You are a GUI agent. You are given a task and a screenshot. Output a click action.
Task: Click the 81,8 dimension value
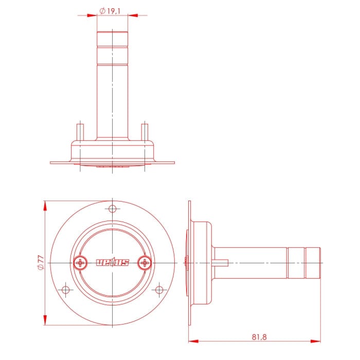click(260, 337)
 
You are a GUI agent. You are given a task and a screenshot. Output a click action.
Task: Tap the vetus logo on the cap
click(112, 263)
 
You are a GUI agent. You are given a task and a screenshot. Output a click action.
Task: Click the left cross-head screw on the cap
click(80, 263)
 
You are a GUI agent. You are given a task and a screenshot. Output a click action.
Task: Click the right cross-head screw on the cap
click(145, 263)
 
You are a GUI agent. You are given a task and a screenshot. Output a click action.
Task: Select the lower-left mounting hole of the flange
click(65, 290)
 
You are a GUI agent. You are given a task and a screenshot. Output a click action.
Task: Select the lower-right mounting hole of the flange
click(160, 290)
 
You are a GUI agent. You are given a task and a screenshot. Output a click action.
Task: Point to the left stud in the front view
click(80, 131)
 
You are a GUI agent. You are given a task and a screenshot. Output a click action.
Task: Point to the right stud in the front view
click(145, 131)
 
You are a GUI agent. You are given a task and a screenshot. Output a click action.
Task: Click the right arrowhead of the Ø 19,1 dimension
click(133, 15)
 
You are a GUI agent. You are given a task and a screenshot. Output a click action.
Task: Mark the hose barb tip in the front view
click(112, 38)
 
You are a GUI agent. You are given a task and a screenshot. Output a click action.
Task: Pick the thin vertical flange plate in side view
click(189, 262)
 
